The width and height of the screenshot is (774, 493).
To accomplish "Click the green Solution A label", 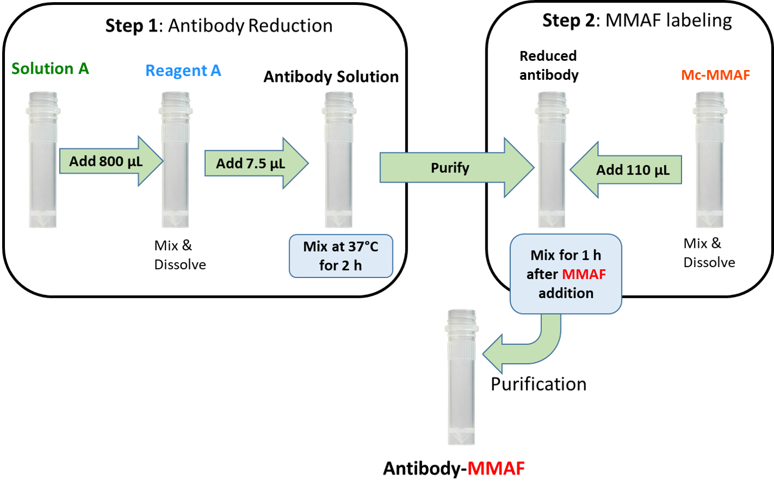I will coord(50,69).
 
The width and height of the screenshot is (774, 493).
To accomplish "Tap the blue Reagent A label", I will coord(183,71).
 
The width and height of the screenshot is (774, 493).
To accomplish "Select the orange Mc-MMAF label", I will coord(715,75).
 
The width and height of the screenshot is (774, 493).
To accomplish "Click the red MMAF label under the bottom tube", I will coord(496,469).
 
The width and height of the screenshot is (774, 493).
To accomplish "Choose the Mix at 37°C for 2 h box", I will coord(340,256).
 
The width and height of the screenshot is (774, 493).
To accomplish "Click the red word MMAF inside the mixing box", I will coord(584,274).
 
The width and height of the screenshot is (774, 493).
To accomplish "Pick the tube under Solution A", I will coord(42,159).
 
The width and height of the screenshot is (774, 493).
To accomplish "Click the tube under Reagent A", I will coord(175,159).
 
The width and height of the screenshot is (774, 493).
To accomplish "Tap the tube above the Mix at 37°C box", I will coord(338,159).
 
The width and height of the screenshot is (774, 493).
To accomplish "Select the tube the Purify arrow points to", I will coord(551,159).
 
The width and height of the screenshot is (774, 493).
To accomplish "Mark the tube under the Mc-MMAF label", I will coord(709,159).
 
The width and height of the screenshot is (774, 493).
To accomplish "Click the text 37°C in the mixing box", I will coord(362,247).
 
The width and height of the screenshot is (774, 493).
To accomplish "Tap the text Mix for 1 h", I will coord(565,256).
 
